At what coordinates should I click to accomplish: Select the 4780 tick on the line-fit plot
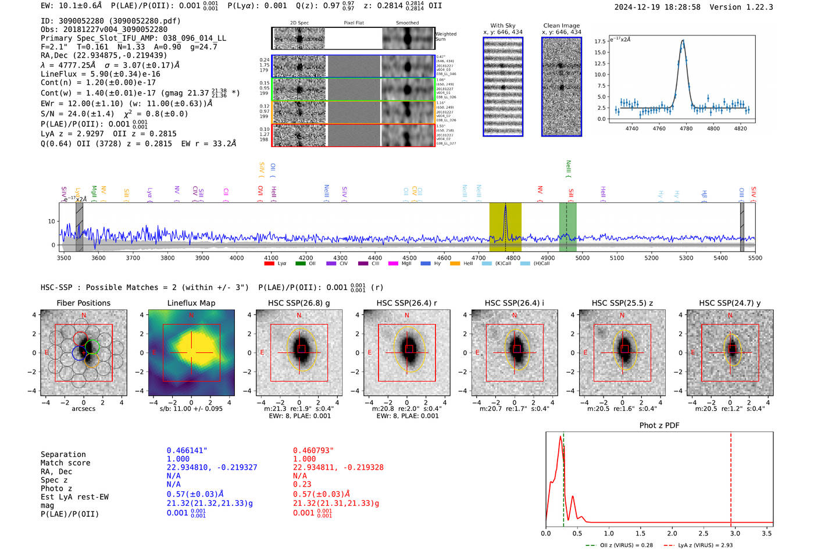point(686,128)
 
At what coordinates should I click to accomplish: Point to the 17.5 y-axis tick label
point(599,41)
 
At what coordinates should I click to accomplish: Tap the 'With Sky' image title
point(502,26)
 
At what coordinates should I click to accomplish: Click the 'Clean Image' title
point(561,26)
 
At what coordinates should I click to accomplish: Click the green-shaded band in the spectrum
point(567,227)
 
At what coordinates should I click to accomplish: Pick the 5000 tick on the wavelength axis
point(582,258)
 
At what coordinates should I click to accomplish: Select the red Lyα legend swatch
point(269,264)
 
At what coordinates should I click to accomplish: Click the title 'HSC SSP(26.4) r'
point(406,303)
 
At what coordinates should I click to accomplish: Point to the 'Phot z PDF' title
point(659,426)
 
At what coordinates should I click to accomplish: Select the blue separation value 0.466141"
point(187,451)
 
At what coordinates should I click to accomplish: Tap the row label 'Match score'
point(65,463)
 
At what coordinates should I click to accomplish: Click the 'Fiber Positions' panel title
point(83,303)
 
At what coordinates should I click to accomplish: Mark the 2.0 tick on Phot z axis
point(672,533)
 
